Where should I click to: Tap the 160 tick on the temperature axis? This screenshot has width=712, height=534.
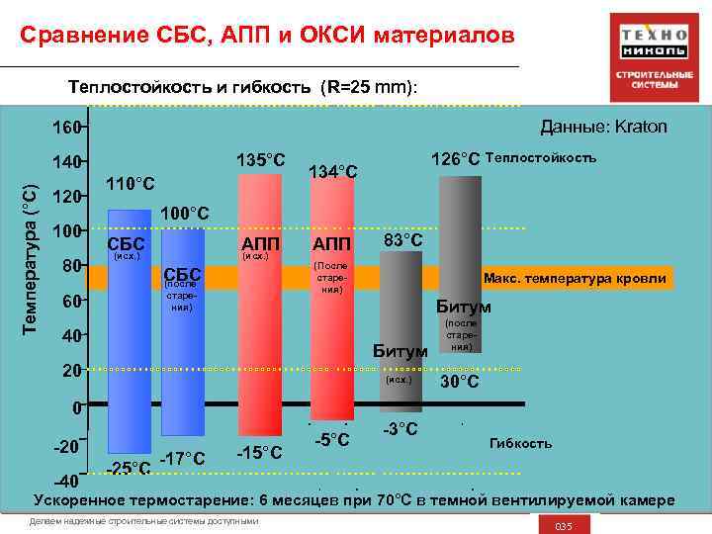(65, 128)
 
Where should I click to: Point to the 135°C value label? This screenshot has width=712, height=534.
(261, 160)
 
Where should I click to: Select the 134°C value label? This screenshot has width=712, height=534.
(333, 172)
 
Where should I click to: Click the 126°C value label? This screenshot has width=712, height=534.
(455, 159)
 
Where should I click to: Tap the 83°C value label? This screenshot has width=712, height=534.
(402, 240)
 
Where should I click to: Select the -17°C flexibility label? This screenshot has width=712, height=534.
(182, 458)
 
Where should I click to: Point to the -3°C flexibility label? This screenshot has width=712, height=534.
(400, 429)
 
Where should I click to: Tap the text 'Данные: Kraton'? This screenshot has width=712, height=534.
(603, 127)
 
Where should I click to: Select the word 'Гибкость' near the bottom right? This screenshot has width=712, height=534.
(520, 443)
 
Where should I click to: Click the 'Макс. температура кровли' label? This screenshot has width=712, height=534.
(575, 279)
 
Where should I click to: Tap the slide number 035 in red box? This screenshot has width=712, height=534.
(564, 524)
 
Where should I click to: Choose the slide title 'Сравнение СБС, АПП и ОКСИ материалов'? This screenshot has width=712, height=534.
(267, 37)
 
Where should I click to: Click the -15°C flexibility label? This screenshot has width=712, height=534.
(260, 453)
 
